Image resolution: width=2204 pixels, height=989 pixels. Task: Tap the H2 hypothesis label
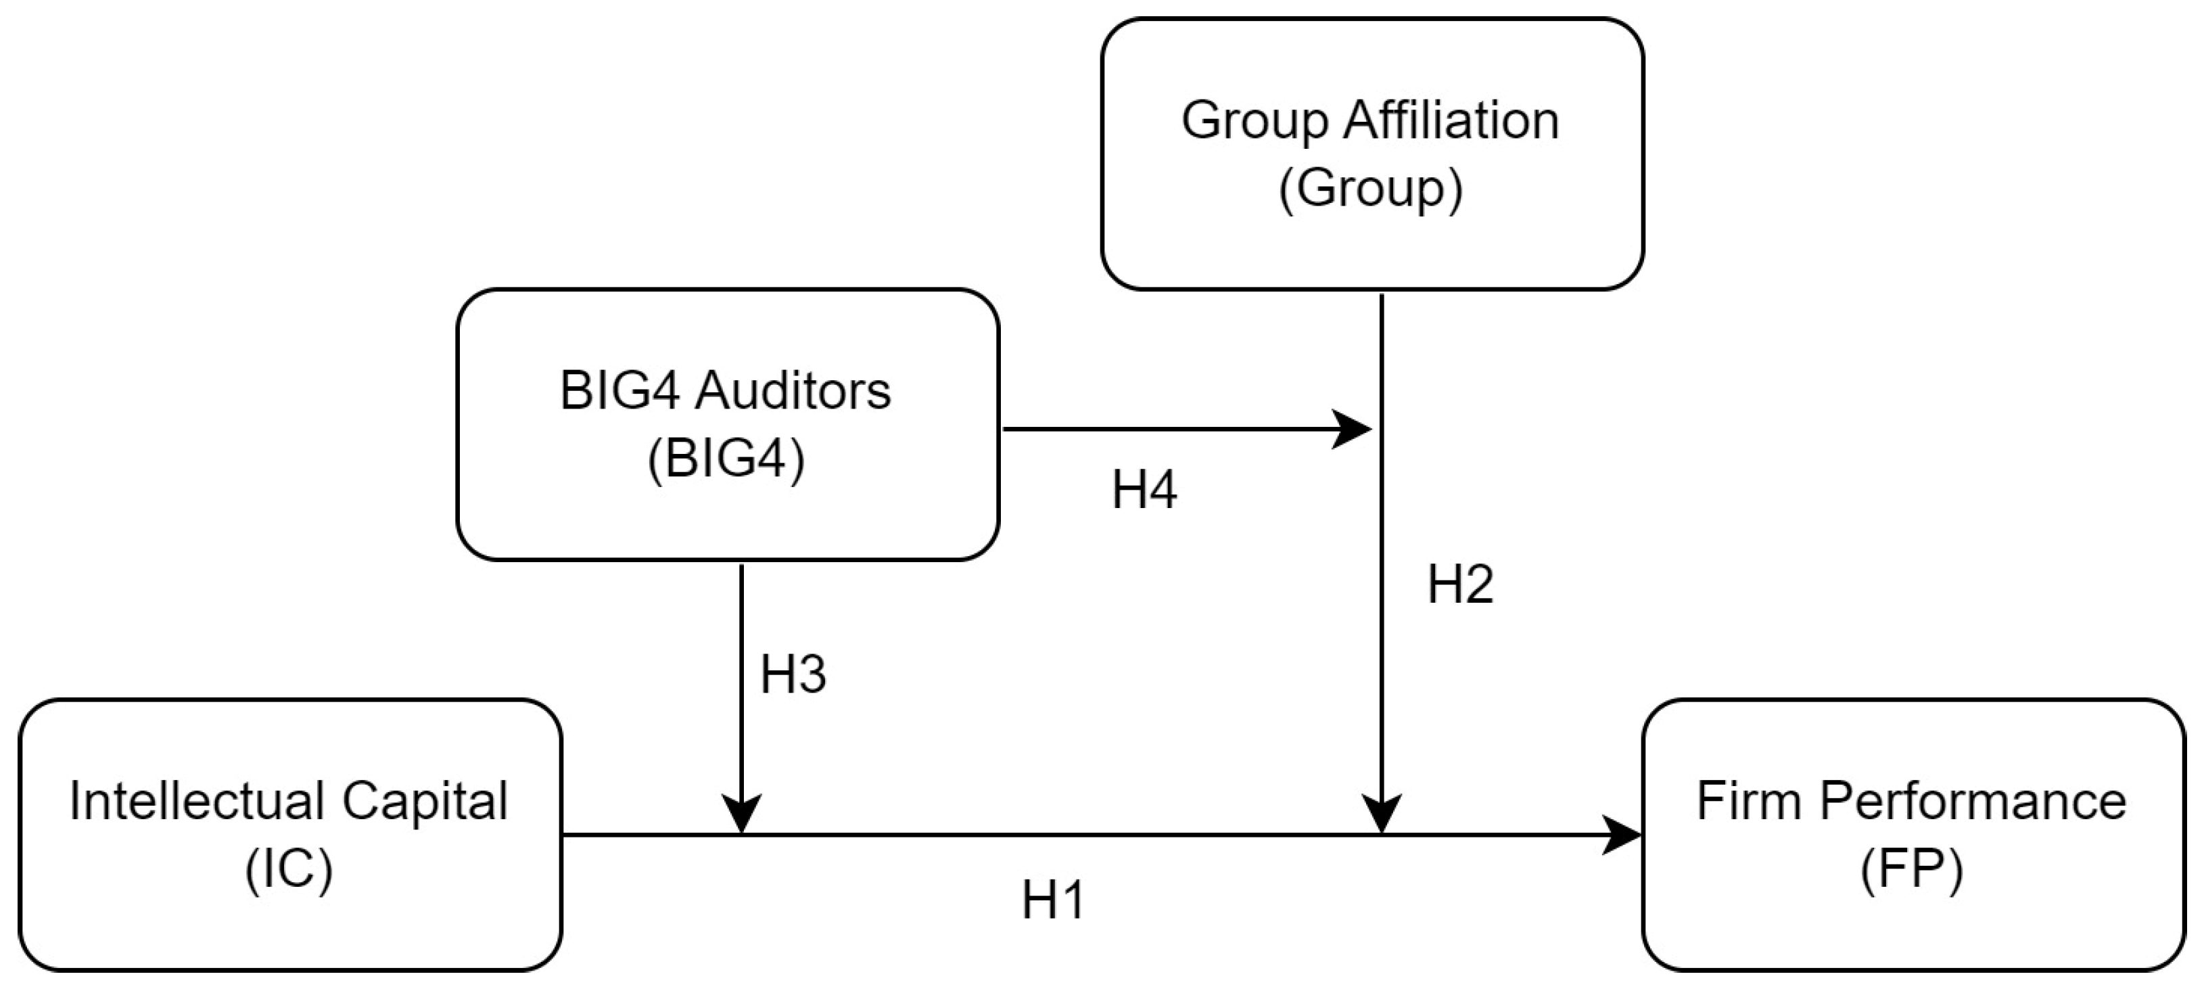1459,585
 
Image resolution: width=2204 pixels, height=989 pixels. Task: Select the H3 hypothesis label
793,674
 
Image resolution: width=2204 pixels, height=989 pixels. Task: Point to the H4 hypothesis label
1144,490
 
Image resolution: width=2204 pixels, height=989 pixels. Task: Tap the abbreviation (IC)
289,869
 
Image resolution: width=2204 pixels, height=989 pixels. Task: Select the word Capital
425,802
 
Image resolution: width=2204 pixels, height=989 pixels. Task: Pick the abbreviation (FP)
1911,869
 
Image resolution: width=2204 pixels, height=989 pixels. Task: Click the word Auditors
793,391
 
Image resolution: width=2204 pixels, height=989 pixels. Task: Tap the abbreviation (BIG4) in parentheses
726,459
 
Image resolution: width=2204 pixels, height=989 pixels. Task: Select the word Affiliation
1451,120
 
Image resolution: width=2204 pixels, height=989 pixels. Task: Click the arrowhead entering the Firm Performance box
1623,835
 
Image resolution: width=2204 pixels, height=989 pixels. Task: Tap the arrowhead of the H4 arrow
1353,429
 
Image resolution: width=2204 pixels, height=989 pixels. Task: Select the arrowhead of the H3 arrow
742,814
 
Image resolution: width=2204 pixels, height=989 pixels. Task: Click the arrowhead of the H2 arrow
1381,814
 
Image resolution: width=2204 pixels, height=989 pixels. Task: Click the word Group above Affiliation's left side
1255,120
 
